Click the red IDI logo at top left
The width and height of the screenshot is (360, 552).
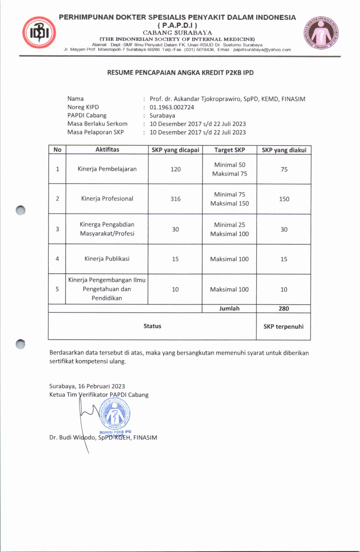pos(39,33)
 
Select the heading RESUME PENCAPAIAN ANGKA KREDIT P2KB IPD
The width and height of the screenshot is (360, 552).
pos(180,73)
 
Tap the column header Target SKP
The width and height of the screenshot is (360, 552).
pos(229,150)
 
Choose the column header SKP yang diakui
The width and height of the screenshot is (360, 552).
pos(284,150)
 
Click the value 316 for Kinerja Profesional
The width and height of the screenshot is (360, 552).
pos(176,199)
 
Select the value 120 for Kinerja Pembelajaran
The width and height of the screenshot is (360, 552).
pos(176,169)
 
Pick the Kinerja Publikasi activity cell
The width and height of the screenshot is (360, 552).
pos(107,259)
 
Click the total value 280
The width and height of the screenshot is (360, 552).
pos(284,308)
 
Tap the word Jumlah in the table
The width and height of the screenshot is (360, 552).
pos(229,308)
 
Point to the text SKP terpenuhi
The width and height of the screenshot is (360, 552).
pos(284,326)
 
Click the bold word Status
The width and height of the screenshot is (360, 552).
pos(152,326)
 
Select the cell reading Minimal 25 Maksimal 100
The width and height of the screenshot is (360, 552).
pos(229,229)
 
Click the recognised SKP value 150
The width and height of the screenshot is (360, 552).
pos(284,199)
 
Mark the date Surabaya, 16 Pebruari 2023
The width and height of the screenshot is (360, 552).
pos(87,386)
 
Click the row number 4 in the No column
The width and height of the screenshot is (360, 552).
pos(57,259)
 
